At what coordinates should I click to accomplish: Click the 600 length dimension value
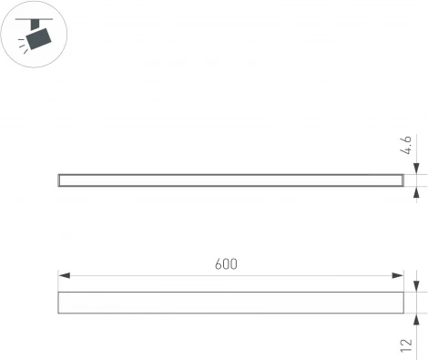tap(227, 263)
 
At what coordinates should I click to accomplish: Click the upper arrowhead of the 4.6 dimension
tap(416, 169)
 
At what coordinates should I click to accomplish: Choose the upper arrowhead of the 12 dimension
tap(416, 287)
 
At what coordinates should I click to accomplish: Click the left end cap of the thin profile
tap(59, 180)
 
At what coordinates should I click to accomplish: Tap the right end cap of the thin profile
tap(401, 180)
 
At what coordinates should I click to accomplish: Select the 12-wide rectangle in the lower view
tap(230, 303)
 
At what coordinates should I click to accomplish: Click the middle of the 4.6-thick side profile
tap(230, 180)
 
